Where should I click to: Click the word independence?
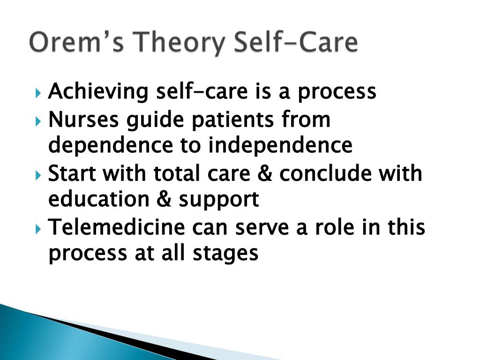(x=280, y=145)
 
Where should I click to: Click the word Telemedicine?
(x=117, y=228)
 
